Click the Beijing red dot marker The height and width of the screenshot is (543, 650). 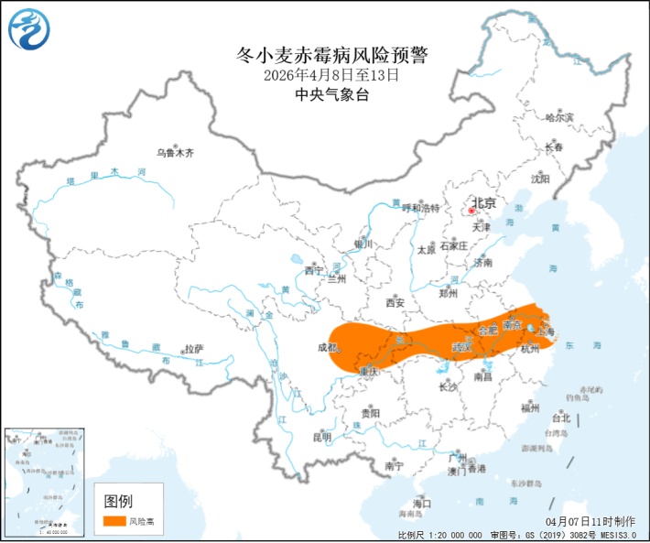pyautogui.click(x=471, y=210)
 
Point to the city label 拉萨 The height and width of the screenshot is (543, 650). pyautogui.click(x=193, y=349)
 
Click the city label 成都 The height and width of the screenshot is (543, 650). pyautogui.click(x=327, y=348)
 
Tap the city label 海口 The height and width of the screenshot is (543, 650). pyautogui.click(x=422, y=503)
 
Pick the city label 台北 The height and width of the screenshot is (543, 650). pyautogui.click(x=560, y=418)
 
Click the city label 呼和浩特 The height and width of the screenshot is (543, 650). pyautogui.click(x=422, y=209)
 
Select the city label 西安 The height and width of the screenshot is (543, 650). pyautogui.click(x=395, y=302)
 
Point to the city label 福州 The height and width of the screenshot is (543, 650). pyautogui.click(x=529, y=407)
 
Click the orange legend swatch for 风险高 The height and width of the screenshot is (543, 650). pyautogui.click(x=114, y=521)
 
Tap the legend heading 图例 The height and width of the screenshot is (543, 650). pyautogui.click(x=118, y=501)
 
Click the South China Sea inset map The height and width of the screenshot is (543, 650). pyautogui.click(x=44, y=479)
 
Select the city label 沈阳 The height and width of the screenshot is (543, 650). pyautogui.click(x=541, y=179)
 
